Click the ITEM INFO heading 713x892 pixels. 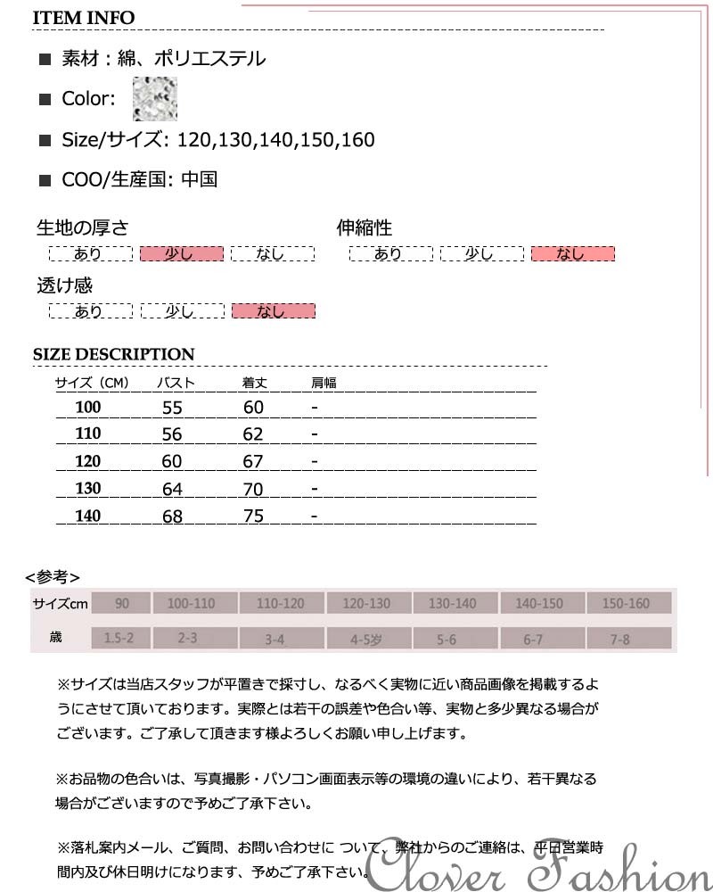[84, 18]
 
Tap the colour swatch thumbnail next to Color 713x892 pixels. [154, 99]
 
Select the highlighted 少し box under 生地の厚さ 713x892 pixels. [181, 254]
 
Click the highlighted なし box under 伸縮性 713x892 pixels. [572, 254]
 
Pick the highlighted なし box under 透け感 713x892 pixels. [273, 311]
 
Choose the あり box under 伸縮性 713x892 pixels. [389, 254]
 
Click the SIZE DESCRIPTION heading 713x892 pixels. [113, 354]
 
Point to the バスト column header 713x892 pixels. [176, 384]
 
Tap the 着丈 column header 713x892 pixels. [255, 384]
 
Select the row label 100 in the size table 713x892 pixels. [88, 408]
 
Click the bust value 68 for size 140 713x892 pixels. [172, 516]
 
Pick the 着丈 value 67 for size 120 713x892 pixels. [253, 461]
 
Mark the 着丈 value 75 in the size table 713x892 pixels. [253, 516]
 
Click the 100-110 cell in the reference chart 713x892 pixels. [193, 604]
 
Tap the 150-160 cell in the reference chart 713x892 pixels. [627, 604]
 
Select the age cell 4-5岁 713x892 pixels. [366, 639]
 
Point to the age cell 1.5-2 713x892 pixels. [119, 639]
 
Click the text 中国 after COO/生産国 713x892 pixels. [199, 179]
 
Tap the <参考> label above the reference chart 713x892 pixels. [53, 576]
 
